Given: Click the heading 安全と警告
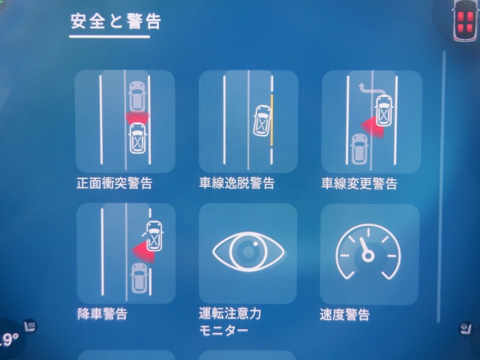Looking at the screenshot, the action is coord(115,22).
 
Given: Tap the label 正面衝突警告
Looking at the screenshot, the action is coord(115,183).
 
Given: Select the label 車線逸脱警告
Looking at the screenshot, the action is coord(237,183).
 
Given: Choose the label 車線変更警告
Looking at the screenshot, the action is coord(359,184).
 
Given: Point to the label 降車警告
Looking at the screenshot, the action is coord(102,313).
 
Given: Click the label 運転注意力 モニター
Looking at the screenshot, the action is coord(230,322).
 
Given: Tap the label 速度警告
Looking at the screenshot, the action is coord(345,314).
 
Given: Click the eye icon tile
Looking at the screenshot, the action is coord(248,253).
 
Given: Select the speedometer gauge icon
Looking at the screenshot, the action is coord(368,252).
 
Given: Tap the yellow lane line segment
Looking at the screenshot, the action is coord(271,120).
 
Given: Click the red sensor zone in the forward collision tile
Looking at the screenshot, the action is coord(137,118).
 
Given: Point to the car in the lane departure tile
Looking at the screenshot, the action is coord(262,120).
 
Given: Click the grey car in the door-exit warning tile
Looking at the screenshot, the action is coord(139,278).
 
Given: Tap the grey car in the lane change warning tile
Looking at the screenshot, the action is coord(360,149).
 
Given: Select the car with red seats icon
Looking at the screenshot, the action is coord(465,22).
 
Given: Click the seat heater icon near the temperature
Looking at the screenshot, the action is coord(30,325).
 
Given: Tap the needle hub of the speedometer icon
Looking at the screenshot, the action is coord(367,256).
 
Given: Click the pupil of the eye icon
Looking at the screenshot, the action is coord(248,251).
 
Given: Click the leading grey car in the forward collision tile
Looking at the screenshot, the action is coord(137,97).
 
